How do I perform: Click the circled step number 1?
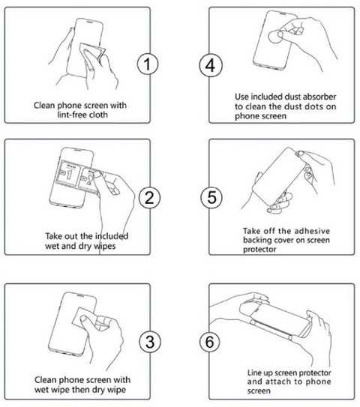[148, 64]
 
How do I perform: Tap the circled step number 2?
[149, 198]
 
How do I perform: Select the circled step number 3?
[150, 341]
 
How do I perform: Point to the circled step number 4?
[211, 65]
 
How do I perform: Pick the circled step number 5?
[211, 197]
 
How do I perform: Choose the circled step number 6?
[209, 342]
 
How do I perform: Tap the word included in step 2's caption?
[111, 236]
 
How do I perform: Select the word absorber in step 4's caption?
[319, 97]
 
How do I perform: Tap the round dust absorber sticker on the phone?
[275, 37]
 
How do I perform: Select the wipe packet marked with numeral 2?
[89, 178]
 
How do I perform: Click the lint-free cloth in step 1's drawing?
[93, 55]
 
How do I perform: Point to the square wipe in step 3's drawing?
[85, 317]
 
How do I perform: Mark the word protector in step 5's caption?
[259, 250]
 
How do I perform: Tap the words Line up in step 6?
[260, 373]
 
